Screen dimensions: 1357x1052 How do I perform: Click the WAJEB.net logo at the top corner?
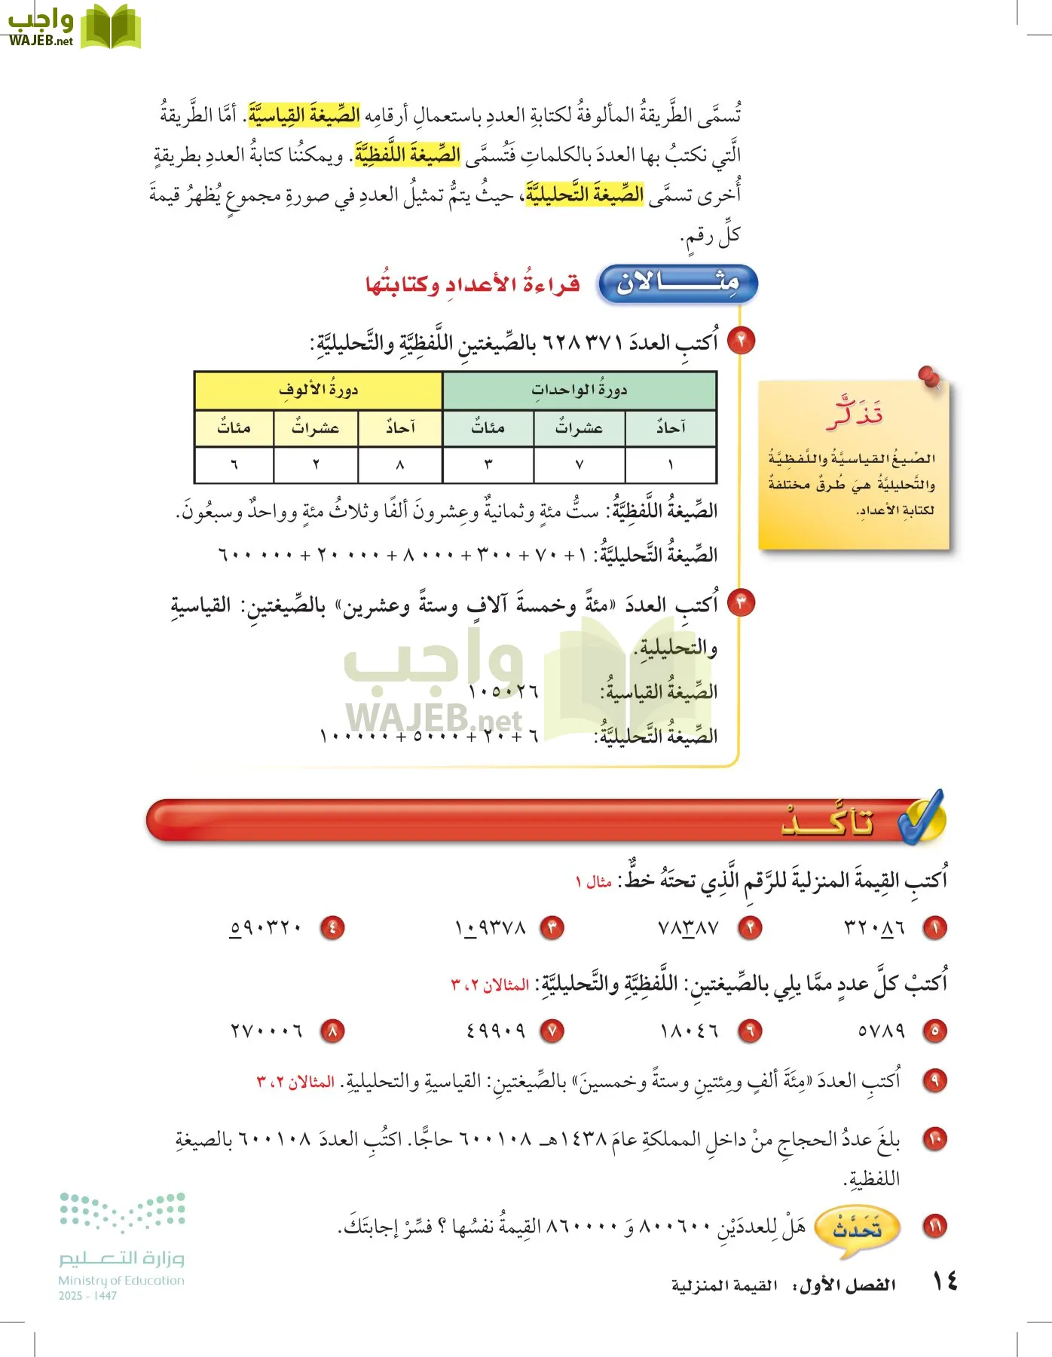73,27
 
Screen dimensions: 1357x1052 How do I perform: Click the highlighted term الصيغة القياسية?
304,115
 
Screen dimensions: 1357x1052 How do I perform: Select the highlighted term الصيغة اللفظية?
408,155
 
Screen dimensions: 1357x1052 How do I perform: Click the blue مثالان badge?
677,284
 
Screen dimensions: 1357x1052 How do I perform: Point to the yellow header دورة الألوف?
318,391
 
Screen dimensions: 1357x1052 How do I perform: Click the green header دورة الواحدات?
579,391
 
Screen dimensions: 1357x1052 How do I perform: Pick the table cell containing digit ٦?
234,465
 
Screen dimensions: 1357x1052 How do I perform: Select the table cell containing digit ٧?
579,465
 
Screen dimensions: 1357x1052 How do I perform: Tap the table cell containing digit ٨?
399,465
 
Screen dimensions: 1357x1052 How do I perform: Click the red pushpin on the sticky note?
930,376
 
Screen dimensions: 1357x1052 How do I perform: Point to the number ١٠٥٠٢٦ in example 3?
503,691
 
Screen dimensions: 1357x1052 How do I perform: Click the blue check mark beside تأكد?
922,817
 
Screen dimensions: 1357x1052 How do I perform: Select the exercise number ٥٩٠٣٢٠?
265,927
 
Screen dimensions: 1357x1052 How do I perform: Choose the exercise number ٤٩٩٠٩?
495,1030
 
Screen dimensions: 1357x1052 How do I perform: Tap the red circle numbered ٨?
332,1031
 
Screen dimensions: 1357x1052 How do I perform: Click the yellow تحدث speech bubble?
856,1230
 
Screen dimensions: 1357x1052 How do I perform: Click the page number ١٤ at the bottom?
945,1281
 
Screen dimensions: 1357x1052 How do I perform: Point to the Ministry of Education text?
121,1280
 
